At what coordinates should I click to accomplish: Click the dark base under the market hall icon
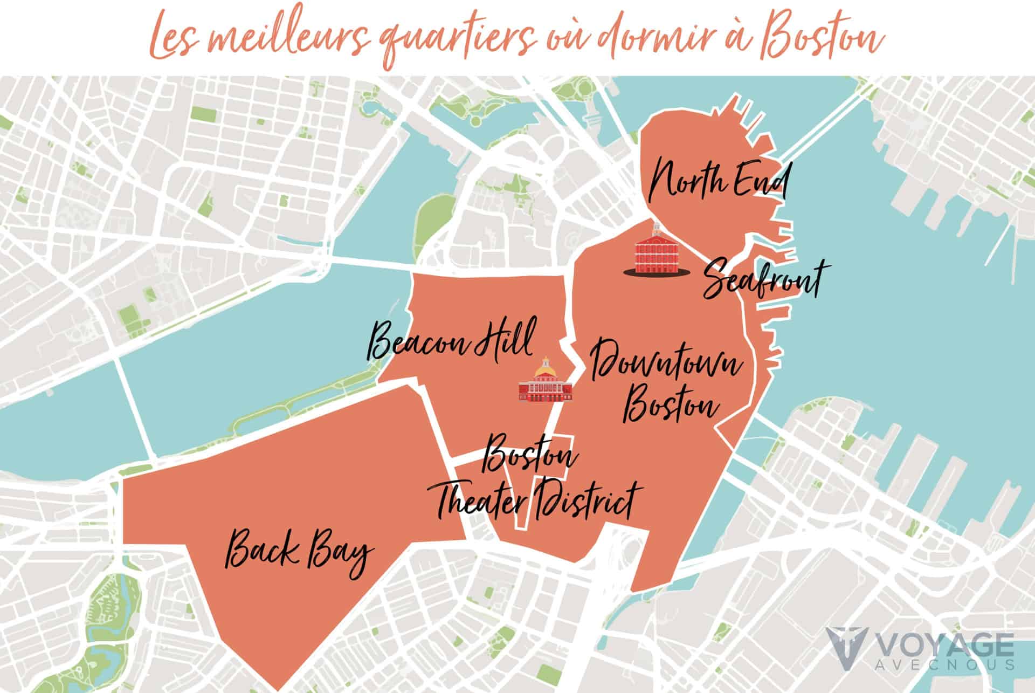(x=655, y=273)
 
